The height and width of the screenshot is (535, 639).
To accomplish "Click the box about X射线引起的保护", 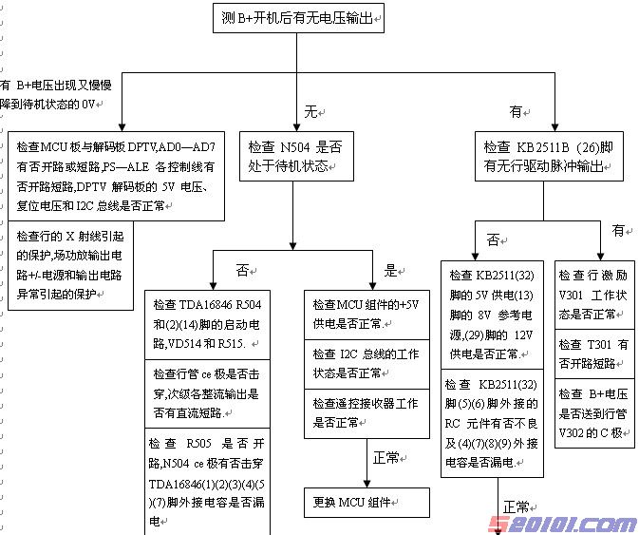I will (71, 265).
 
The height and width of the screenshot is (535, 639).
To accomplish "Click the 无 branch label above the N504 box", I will (310, 112).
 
